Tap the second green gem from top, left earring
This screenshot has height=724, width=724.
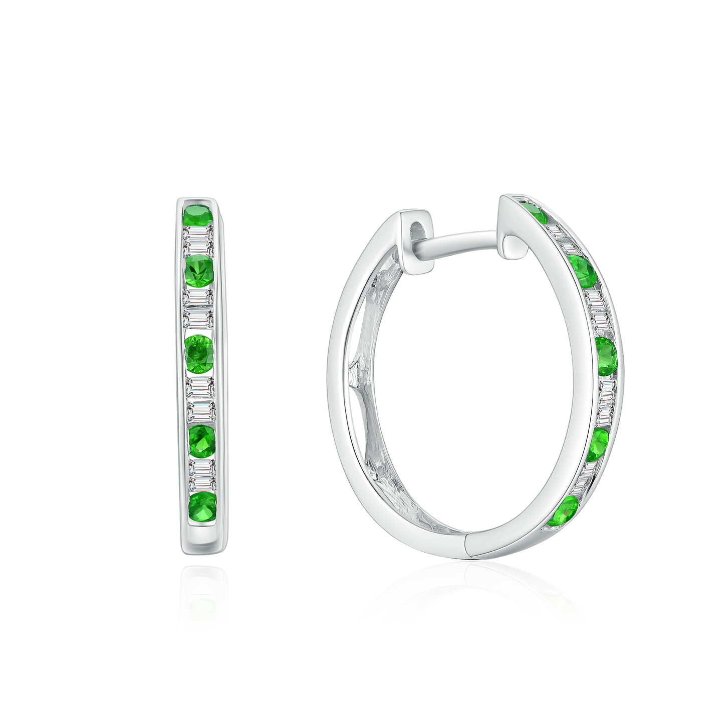199,271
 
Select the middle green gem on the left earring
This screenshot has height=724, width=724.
199,353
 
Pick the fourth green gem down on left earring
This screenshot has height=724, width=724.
202,441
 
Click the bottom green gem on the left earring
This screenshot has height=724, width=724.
202,507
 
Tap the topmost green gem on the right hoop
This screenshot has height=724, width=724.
535,212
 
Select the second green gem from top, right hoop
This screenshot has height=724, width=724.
583,271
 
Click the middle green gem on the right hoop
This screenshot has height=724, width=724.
607,356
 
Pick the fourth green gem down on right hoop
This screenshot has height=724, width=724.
597,444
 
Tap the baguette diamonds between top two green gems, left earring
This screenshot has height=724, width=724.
199,240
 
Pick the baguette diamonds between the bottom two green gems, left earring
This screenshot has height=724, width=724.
201,475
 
